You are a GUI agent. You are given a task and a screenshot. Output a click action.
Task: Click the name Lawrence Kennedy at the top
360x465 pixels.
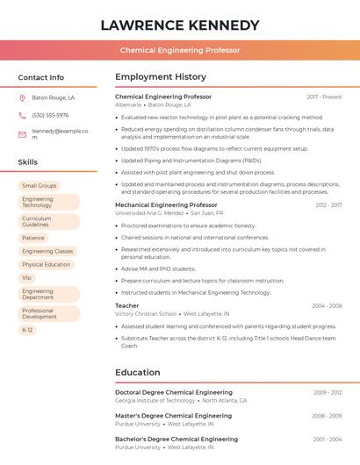(x=180, y=25)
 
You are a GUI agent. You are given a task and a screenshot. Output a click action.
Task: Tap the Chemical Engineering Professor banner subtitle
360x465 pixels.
(x=180, y=51)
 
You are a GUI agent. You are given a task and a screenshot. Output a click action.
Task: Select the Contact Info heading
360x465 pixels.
(x=41, y=77)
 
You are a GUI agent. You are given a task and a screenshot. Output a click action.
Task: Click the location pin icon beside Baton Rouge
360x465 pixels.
(x=22, y=98)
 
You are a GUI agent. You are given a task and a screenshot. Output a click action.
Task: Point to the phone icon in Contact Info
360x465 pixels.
(x=22, y=116)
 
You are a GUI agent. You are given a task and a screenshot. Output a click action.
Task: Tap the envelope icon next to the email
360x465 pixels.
(x=22, y=134)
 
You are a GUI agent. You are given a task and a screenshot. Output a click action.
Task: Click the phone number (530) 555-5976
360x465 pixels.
(x=50, y=116)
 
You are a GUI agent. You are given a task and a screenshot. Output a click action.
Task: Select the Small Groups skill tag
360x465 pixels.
(x=39, y=186)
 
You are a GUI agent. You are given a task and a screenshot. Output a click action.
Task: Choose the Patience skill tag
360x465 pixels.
(x=33, y=238)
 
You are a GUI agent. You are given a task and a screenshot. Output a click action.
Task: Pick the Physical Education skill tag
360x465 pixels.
(x=46, y=264)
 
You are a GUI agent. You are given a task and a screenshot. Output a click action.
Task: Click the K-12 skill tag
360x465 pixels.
(x=27, y=330)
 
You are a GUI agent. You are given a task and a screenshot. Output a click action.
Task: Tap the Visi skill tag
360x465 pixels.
(x=26, y=277)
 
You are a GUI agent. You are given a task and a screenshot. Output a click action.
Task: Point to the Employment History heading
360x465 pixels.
(x=161, y=77)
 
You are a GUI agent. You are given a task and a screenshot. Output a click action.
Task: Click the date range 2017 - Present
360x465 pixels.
(x=324, y=97)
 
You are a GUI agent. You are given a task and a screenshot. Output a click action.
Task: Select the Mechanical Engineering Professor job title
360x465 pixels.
(x=166, y=204)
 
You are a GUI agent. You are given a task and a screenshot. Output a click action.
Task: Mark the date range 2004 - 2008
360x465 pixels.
(x=327, y=306)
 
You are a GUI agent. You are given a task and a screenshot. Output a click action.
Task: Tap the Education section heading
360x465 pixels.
(x=137, y=372)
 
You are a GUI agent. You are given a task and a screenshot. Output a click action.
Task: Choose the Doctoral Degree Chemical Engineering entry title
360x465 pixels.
(x=174, y=392)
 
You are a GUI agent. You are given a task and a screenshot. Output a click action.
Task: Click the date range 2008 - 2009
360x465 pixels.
(x=327, y=416)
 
